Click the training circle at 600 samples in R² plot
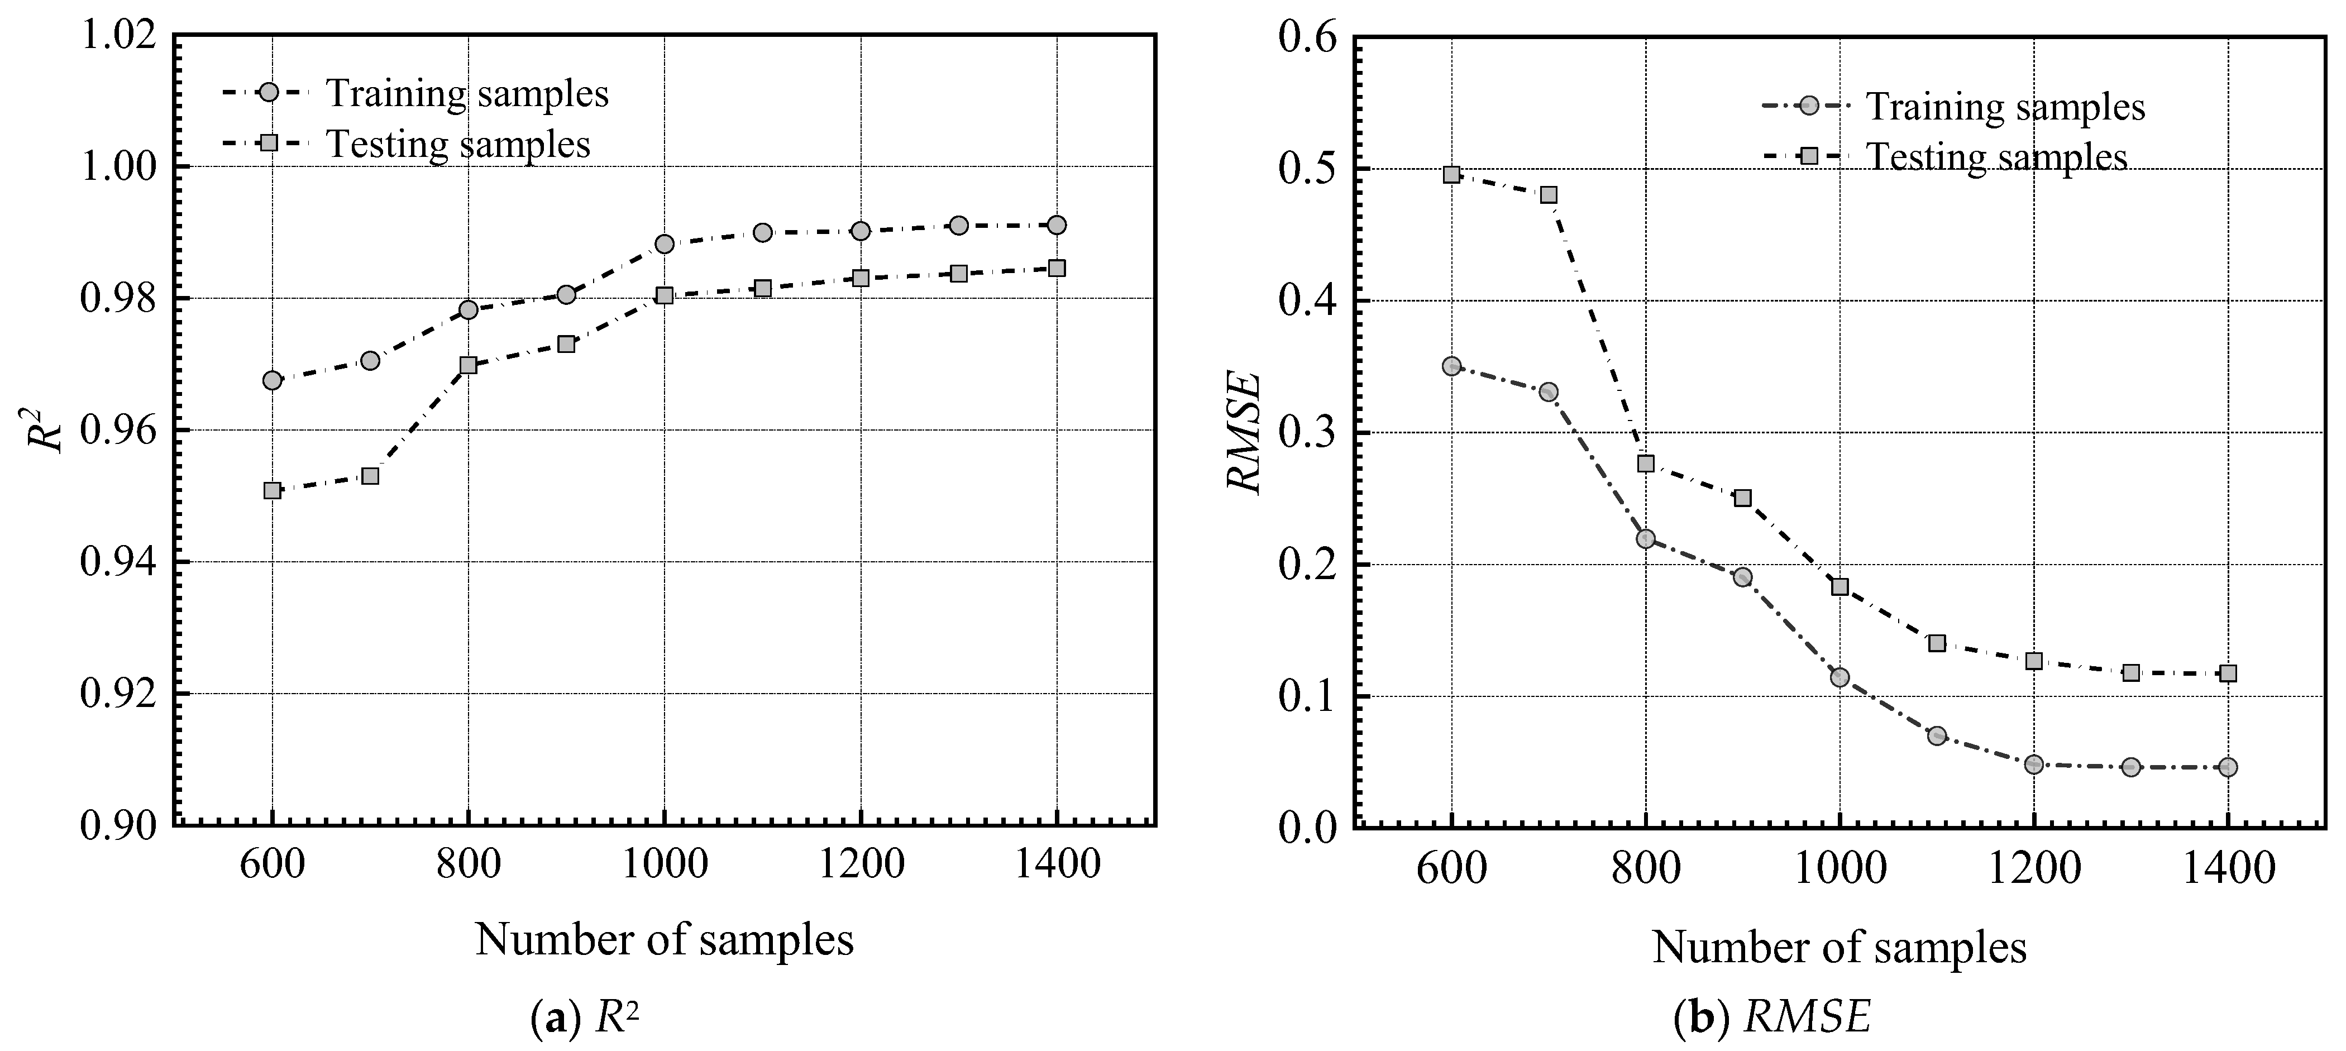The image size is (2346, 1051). click(x=271, y=380)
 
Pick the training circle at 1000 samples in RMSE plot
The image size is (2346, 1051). click(x=1839, y=677)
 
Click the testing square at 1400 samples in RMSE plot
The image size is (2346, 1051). click(x=2228, y=673)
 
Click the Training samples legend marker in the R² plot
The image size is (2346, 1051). click(x=269, y=93)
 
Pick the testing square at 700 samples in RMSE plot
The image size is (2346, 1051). click(x=1548, y=195)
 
